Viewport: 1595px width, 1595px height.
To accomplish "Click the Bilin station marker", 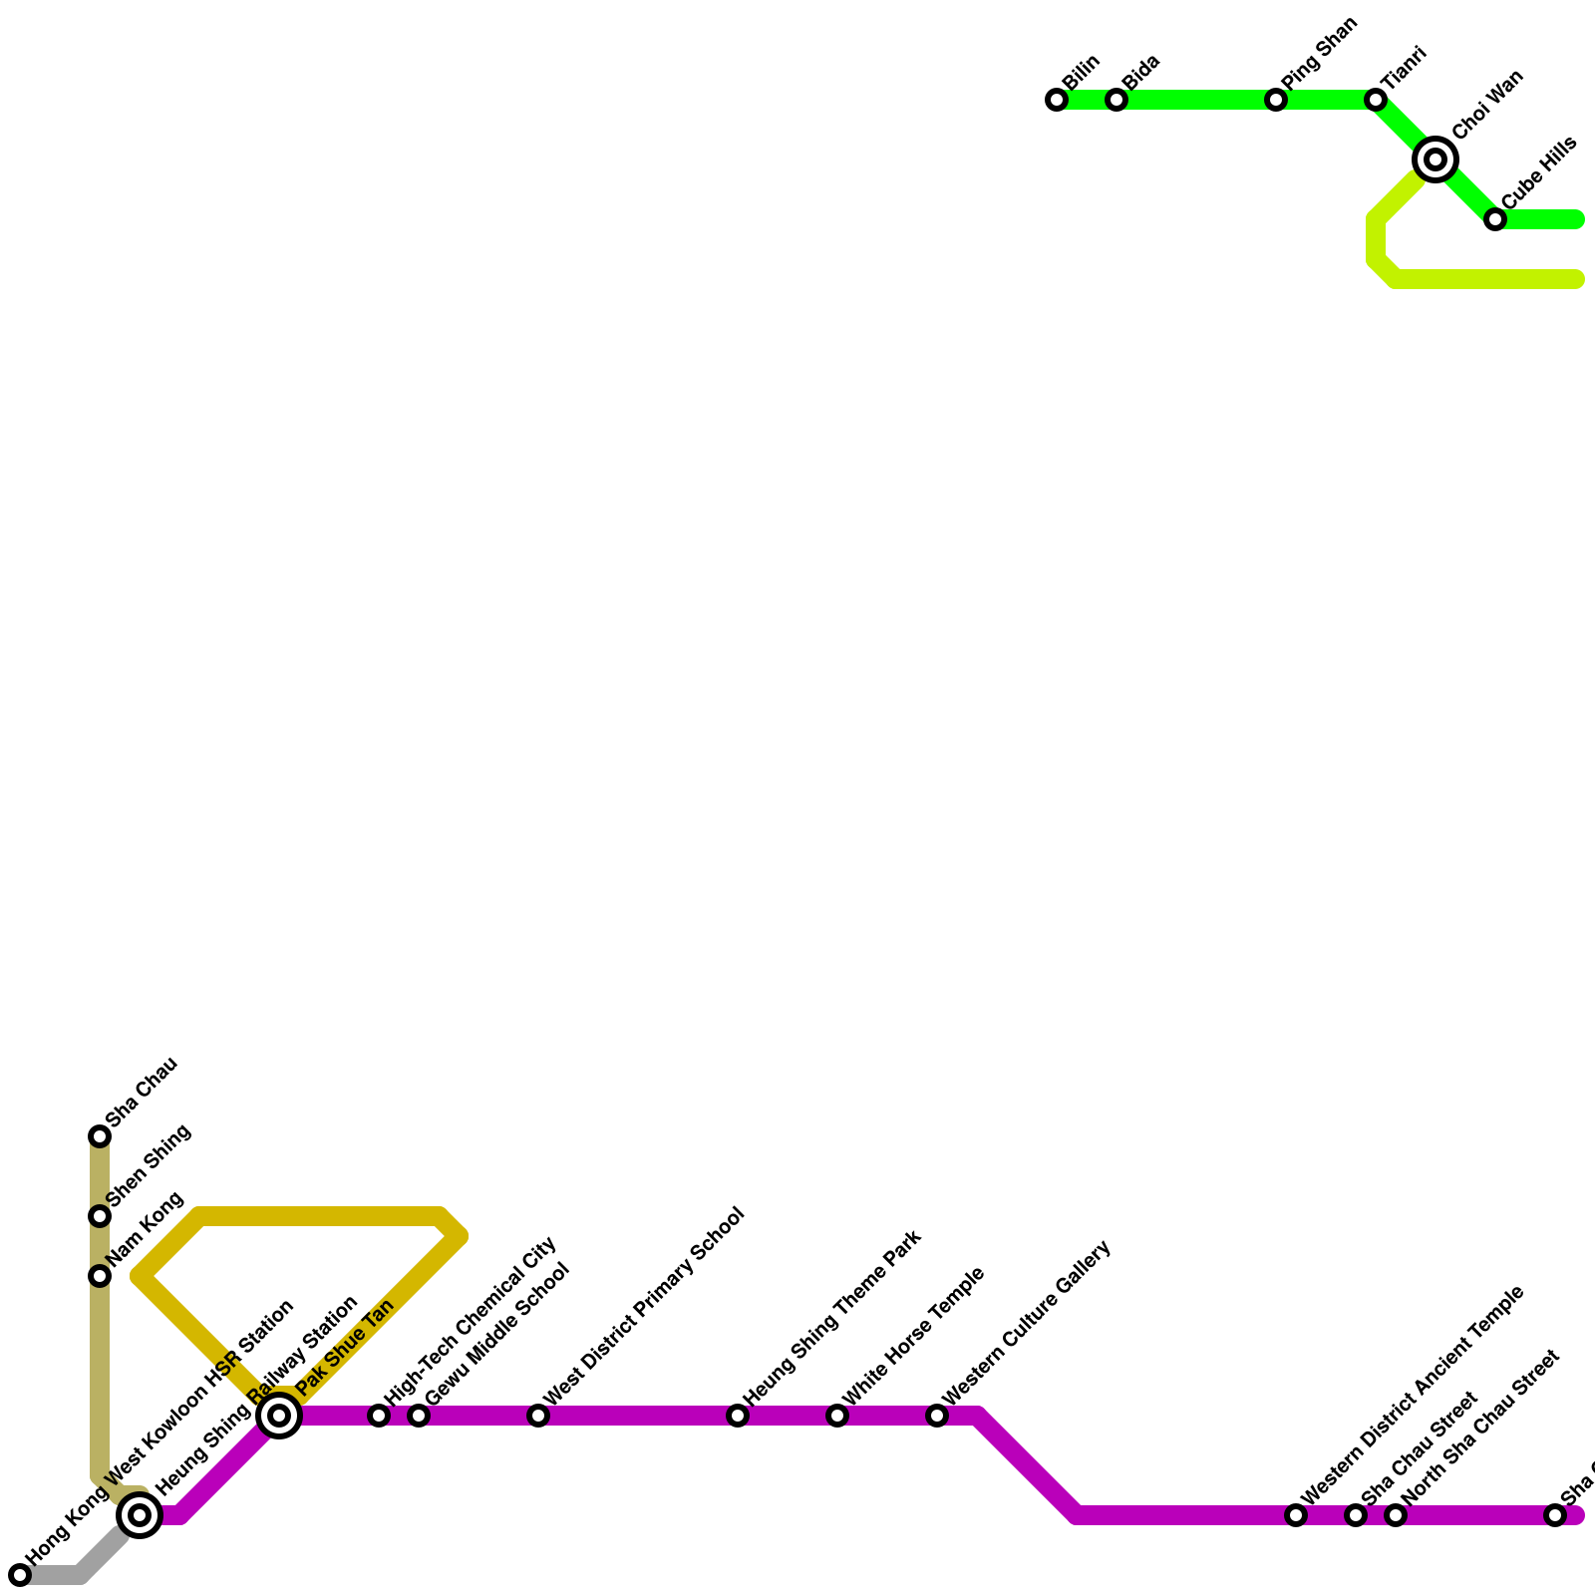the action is tap(1057, 100).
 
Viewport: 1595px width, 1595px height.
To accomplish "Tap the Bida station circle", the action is tap(1116, 100).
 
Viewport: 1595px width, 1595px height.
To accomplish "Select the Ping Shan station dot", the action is tap(1276, 100).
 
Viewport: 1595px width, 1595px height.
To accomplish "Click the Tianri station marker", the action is tap(1376, 100).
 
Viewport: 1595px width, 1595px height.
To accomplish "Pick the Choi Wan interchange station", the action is tap(1435, 159).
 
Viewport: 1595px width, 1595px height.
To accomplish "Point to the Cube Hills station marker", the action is tap(1495, 219).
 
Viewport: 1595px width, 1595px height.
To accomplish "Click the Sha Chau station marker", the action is tap(100, 1136).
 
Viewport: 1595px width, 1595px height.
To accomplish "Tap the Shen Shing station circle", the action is tap(100, 1216).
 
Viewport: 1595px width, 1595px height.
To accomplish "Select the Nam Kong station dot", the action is tap(100, 1276).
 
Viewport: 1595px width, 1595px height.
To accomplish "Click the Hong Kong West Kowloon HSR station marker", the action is tap(20, 1575).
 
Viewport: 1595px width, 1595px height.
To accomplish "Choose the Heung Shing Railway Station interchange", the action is tap(141, 1515).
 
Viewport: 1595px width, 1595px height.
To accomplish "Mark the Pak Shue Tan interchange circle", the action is tap(280, 1416).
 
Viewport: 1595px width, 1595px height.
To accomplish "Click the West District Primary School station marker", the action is tap(538, 1416).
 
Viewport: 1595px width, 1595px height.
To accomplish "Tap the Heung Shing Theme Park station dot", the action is tap(738, 1416).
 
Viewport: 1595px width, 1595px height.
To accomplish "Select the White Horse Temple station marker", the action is tap(837, 1416).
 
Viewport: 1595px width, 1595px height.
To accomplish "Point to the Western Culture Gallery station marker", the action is tap(937, 1416).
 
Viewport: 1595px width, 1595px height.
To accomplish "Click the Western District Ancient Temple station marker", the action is tap(1296, 1515).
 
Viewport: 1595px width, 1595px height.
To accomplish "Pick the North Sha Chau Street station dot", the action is tap(1396, 1515).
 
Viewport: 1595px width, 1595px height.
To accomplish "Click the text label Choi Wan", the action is tap(1487, 105).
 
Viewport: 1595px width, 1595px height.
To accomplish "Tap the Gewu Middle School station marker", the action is tap(419, 1416).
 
